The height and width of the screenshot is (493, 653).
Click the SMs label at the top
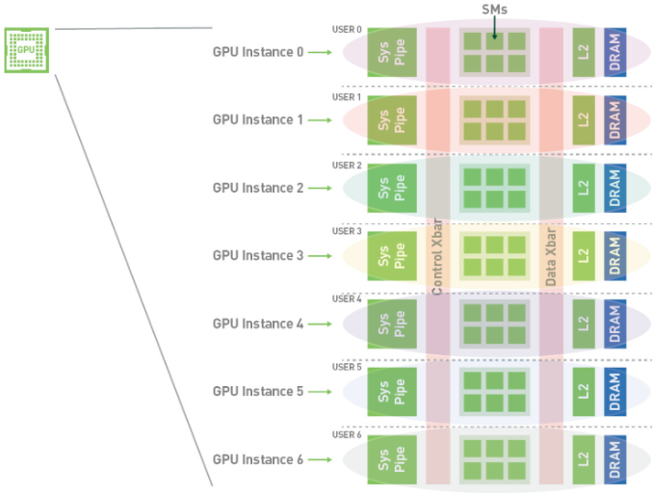494,9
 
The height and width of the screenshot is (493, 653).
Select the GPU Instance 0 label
257,52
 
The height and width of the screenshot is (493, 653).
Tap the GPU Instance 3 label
257,255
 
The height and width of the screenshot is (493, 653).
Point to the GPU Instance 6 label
257,459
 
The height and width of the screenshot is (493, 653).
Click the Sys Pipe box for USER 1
392,120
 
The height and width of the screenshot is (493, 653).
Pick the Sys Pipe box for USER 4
392,324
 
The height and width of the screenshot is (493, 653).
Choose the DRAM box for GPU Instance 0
614,52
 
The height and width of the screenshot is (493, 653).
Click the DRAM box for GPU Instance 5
614,391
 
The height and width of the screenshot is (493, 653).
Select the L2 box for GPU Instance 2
582,188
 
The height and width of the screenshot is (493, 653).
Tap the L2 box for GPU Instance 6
582,459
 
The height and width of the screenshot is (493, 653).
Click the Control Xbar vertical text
437,260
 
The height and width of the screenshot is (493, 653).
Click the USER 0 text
347,30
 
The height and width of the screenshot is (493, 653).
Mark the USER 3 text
347,231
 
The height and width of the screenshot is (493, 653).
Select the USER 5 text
347,367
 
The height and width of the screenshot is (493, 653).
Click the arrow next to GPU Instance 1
320,120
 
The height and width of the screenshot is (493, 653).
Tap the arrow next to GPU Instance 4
320,324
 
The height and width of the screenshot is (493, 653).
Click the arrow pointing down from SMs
494,29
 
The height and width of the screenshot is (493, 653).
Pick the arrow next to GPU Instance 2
320,188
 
